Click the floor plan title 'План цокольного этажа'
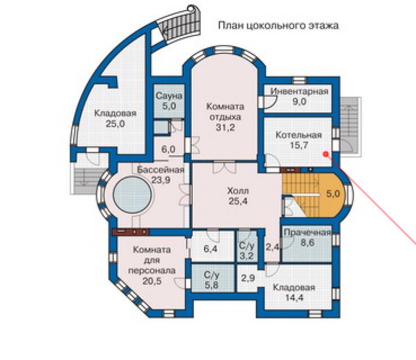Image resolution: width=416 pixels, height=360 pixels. tap(278, 26)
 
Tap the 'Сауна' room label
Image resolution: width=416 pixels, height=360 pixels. tap(169, 95)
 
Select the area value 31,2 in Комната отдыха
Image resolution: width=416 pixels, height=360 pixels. tap(225, 127)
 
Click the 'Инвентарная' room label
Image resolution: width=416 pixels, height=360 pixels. tap(299, 92)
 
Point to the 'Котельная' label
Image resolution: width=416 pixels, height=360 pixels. tap(299, 135)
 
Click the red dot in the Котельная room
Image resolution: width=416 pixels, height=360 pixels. tap(326, 154)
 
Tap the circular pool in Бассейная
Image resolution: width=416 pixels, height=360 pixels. tap(132, 194)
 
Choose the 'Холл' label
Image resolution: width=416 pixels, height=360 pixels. tap(238, 191)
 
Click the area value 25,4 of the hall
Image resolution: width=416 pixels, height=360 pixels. tap(238, 201)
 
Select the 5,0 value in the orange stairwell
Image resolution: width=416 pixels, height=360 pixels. tap(333, 194)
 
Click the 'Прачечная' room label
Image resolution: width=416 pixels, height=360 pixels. tap(308, 233)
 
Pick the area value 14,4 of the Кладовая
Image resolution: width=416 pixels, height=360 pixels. tap(294, 298)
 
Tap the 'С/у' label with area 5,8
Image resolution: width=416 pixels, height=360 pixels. tap(211, 276)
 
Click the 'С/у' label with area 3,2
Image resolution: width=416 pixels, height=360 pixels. tap(246, 245)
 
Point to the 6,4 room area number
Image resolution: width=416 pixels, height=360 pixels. tap(211, 249)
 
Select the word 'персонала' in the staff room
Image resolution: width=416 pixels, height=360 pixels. tap(152, 271)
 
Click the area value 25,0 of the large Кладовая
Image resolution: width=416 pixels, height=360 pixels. tap(115, 124)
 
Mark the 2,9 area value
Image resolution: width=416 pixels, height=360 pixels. tap(248, 278)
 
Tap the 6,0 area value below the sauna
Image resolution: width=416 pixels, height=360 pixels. tap(169, 149)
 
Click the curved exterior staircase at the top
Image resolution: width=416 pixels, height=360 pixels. tap(180, 25)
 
